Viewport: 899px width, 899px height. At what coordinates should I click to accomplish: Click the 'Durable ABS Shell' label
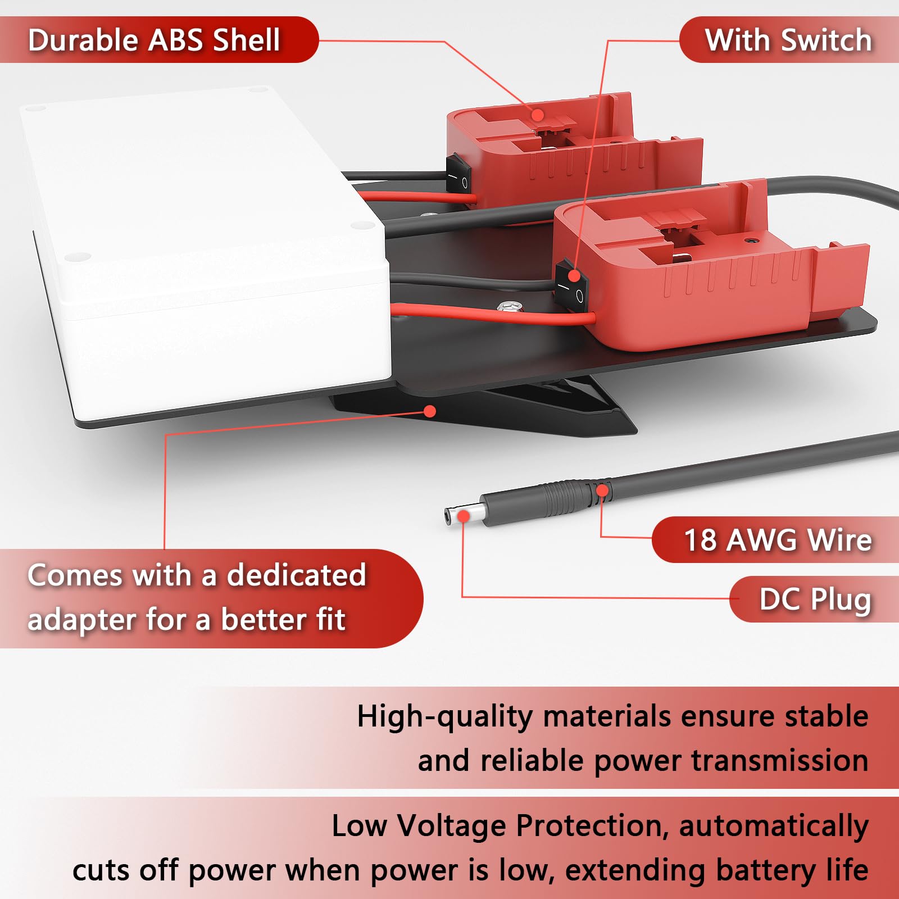pyautogui.click(x=154, y=40)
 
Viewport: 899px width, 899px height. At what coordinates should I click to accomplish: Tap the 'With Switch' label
pyautogui.click(x=788, y=40)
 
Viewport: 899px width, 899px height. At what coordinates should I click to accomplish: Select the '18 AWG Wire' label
pyautogui.click(x=778, y=540)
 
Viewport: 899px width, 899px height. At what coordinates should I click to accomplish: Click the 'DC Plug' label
pyautogui.click(x=815, y=599)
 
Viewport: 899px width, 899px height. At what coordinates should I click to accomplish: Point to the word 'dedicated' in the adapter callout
pyautogui.click(x=296, y=575)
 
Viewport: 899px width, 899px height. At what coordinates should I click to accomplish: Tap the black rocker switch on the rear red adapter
pyautogui.click(x=458, y=175)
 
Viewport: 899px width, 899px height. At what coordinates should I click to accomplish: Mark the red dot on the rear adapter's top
pyautogui.click(x=538, y=115)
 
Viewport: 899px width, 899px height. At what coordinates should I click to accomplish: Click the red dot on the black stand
pyautogui.click(x=430, y=411)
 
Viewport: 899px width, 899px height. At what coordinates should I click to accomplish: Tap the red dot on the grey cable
pyautogui.click(x=602, y=490)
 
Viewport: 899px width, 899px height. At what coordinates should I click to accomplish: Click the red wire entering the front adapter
pyautogui.click(x=494, y=315)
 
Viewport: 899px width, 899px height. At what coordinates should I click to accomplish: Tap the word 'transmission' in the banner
pyautogui.click(x=780, y=761)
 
